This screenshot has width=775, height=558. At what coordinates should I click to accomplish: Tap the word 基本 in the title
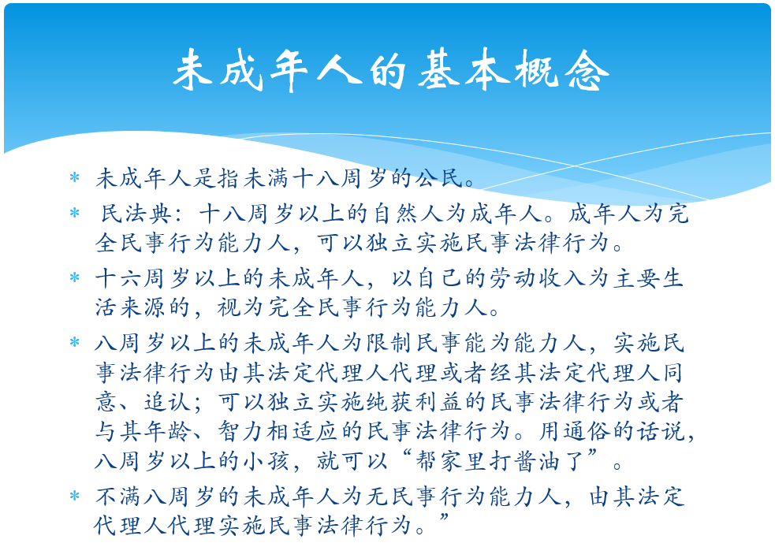tap(464, 70)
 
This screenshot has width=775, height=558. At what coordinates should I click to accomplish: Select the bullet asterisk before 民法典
tap(75, 213)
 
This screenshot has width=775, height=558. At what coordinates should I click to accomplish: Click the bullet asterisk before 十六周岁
tap(75, 277)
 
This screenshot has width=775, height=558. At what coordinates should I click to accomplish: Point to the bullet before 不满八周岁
tap(75, 496)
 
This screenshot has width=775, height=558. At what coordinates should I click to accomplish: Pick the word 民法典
tap(136, 214)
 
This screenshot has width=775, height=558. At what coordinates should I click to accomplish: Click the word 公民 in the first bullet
tap(439, 178)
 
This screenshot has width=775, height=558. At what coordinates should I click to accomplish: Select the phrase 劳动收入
tap(538, 278)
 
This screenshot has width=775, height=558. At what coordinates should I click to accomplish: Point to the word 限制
tap(390, 343)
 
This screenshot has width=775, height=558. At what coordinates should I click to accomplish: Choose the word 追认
tap(168, 402)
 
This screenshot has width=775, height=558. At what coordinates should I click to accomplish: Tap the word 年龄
tap(168, 431)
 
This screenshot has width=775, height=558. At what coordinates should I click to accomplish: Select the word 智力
tap(242, 431)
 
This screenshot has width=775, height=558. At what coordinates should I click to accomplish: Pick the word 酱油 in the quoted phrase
tap(538, 461)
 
